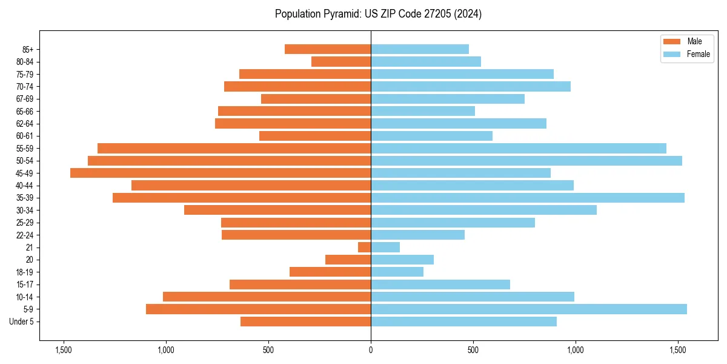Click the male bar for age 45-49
(x=221, y=173)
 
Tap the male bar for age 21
(x=365, y=247)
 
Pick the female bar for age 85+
(x=420, y=49)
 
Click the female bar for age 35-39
(x=528, y=198)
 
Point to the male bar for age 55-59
(x=234, y=148)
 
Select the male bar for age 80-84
(x=341, y=61)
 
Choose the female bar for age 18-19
(x=397, y=272)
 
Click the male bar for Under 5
(x=306, y=322)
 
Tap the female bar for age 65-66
(x=423, y=111)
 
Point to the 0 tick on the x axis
(x=371, y=350)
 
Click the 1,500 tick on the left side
(x=64, y=350)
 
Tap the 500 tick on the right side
(x=473, y=350)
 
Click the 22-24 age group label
(x=25, y=235)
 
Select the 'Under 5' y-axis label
(x=22, y=322)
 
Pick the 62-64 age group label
(x=25, y=124)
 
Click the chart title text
(x=378, y=14)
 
